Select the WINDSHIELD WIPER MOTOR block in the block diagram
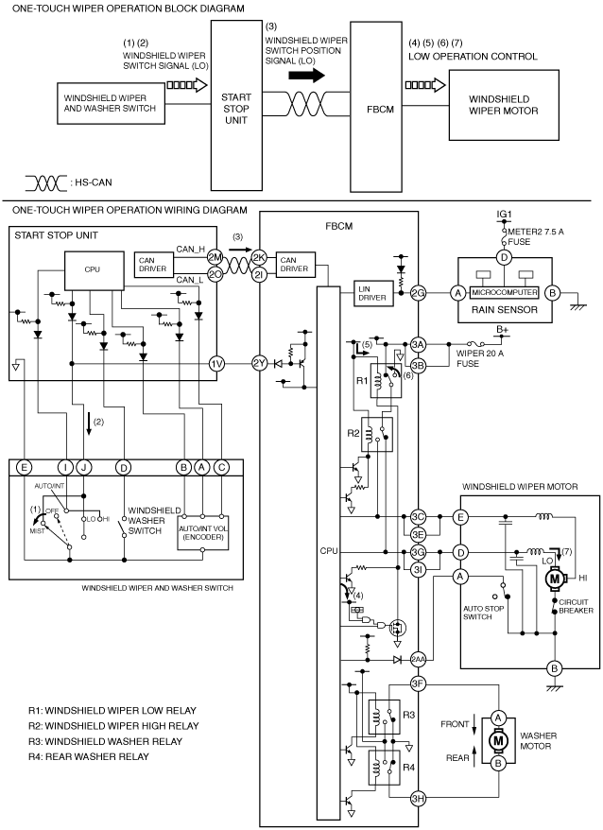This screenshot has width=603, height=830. (x=504, y=105)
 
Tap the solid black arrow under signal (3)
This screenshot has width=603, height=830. (x=306, y=76)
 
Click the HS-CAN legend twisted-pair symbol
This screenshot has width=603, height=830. (x=46, y=183)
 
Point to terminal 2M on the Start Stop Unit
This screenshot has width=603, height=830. (x=215, y=258)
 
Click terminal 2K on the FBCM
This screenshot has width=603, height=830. (x=259, y=258)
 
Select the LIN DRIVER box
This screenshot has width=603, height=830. (x=372, y=293)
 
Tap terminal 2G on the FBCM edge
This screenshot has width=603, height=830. (x=419, y=292)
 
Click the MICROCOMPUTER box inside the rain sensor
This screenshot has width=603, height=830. (x=504, y=292)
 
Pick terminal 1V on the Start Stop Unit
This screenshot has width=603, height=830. (x=216, y=364)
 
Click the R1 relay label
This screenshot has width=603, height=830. (x=362, y=380)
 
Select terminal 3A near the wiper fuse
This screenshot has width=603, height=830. (x=419, y=345)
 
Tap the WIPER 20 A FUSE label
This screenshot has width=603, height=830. (x=480, y=358)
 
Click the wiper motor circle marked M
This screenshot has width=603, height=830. (x=554, y=579)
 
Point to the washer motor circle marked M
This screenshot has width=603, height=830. (x=498, y=740)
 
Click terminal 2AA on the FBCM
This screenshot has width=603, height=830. (x=419, y=660)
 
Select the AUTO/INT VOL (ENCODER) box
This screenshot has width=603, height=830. (x=203, y=532)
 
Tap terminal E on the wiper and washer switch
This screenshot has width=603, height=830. (x=24, y=467)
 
